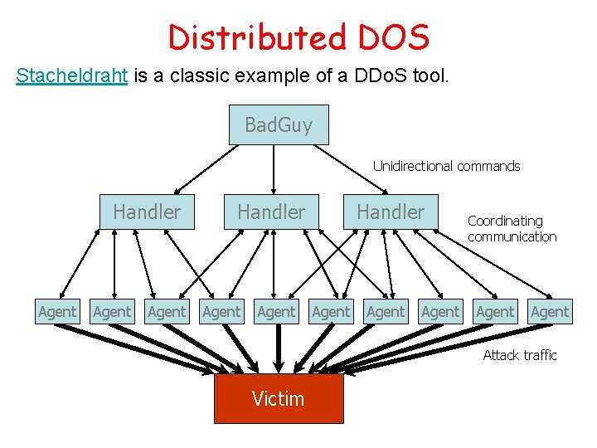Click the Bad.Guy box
pyautogui.click(x=279, y=125)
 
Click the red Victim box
pyautogui.click(x=279, y=399)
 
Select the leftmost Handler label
pyautogui.click(x=147, y=212)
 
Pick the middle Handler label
pyautogui.click(x=271, y=212)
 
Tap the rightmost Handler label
pyautogui.click(x=391, y=212)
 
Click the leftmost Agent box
pyautogui.click(x=57, y=312)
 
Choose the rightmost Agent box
pyautogui.click(x=550, y=312)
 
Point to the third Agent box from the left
pyautogui.click(x=167, y=312)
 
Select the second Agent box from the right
pyautogui.click(x=495, y=312)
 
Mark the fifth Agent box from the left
pyautogui.click(x=276, y=312)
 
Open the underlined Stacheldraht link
pyautogui.click(x=72, y=76)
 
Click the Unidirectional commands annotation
pyautogui.click(x=446, y=166)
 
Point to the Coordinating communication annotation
pyautogui.click(x=512, y=229)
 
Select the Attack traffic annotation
pyautogui.click(x=520, y=355)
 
